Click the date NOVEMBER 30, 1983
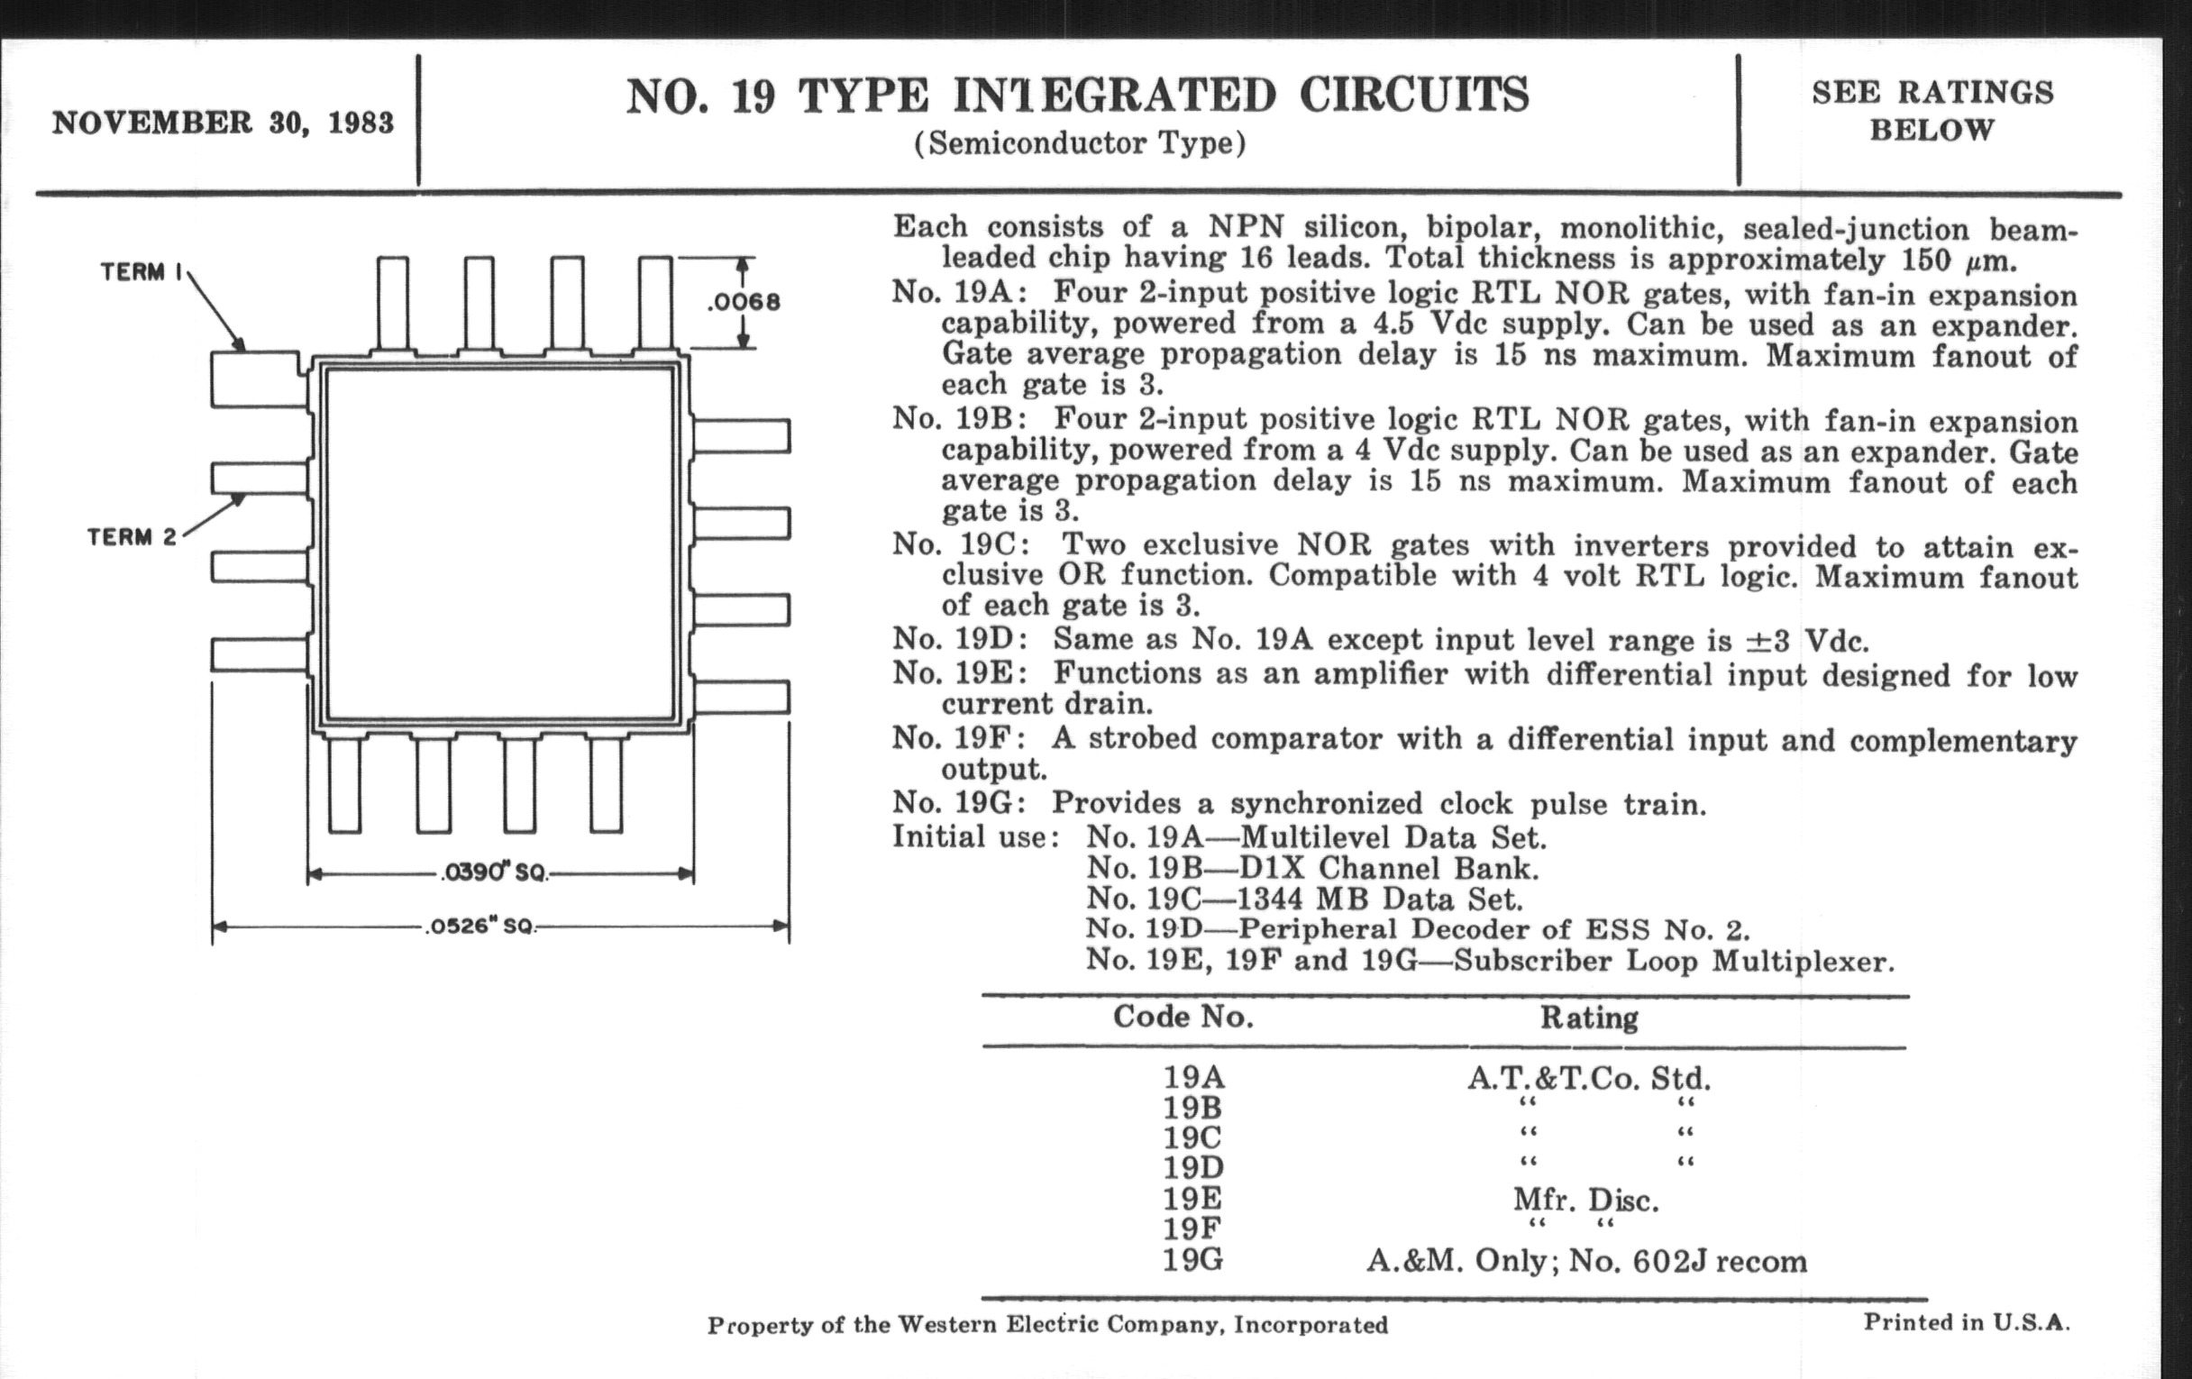pyautogui.click(x=223, y=122)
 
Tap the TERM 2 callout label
pyautogui.click(x=132, y=537)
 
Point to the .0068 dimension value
pyautogui.click(x=744, y=302)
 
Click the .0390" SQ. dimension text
pyautogui.click(x=494, y=872)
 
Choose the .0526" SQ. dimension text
pyautogui.click(x=480, y=927)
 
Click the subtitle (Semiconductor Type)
pyautogui.click(x=1080, y=144)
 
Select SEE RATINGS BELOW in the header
pyautogui.click(x=1932, y=111)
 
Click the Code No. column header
pyautogui.click(x=1183, y=1017)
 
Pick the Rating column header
pyautogui.click(x=1588, y=1018)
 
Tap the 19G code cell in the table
pyautogui.click(x=1192, y=1261)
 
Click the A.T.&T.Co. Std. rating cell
pyautogui.click(x=1588, y=1079)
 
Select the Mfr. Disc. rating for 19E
pyautogui.click(x=1585, y=1201)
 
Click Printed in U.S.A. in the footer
pyautogui.click(x=1967, y=1321)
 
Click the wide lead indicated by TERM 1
pyautogui.click(x=257, y=379)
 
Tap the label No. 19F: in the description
pyautogui.click(x=961, y=738)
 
